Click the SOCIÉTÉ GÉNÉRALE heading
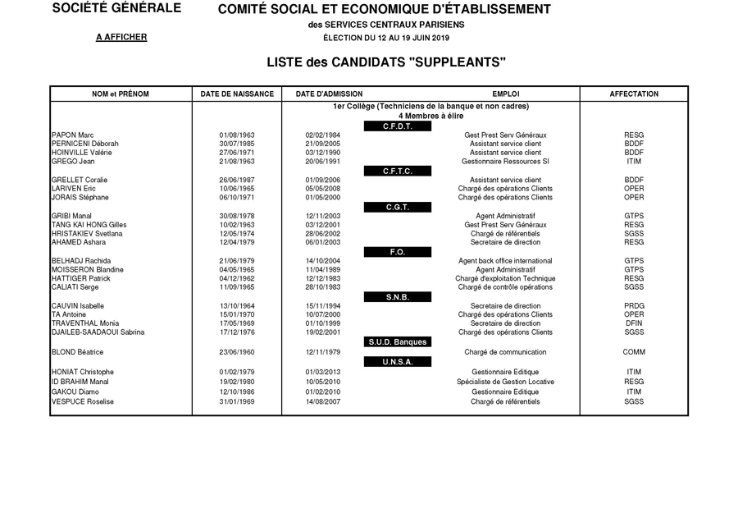pos(116,9)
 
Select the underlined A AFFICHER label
pos(121,38)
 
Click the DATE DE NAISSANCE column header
pos(237,94)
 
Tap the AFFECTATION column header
pos(634,94)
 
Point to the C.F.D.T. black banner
pos(397,126)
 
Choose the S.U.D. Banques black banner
pos(397,342)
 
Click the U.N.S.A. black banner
pos(397,362)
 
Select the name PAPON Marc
pos(72,135)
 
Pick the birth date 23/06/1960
pos(237,353)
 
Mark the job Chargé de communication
pos(505,353)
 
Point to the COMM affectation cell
pos(634,353)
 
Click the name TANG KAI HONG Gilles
pos(89,224)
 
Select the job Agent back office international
pos(505,261)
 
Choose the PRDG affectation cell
pos(634,306)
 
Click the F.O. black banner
pos(397,252)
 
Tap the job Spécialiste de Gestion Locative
pos(505,382)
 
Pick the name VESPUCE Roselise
pos(82,402)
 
